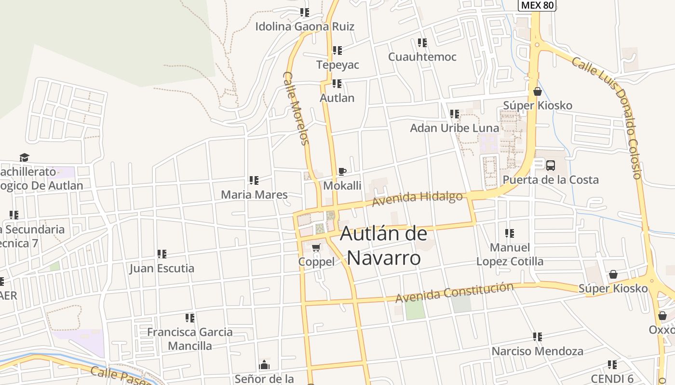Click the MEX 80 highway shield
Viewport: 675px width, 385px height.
coord(537,5)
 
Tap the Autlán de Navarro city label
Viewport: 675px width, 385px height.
coord(384,246)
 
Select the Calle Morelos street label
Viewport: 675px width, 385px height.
coord(296,108)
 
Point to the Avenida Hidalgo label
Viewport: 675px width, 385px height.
coord(418,198)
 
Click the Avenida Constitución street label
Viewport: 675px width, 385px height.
coord(454,293)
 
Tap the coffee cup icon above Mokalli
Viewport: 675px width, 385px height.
coord(342,171)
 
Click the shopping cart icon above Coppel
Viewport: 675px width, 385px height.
coord(316,247)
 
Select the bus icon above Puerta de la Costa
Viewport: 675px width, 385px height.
coord(550,166)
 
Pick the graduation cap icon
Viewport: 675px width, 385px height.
coord(24,157)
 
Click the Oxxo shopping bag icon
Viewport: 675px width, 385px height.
coord(662,316)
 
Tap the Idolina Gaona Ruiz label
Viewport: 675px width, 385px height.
coord(305,26)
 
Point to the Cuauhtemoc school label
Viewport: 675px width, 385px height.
coord(422,57)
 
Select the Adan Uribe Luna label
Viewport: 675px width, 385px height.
coord(454,128)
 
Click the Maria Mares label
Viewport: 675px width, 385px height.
coord(254,195)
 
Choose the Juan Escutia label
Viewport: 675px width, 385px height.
coord(162,269)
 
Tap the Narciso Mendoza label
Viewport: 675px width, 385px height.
coord(537,351)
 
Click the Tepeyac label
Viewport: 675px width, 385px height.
coord(337,64)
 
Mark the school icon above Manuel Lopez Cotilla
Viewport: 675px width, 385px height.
coord(510,233)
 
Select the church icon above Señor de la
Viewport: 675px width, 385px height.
coord(264,364)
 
